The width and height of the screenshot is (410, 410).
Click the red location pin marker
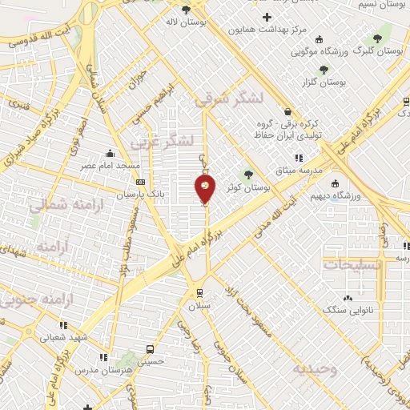tap(205, 189)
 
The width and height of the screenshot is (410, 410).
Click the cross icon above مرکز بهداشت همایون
tap(267, 17)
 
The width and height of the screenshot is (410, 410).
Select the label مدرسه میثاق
tap(300, 171)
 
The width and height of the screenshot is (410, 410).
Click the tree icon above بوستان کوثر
tap(248, 173)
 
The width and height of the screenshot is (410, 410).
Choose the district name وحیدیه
tap(311, 369)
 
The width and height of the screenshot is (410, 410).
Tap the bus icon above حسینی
tap(150, 349)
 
